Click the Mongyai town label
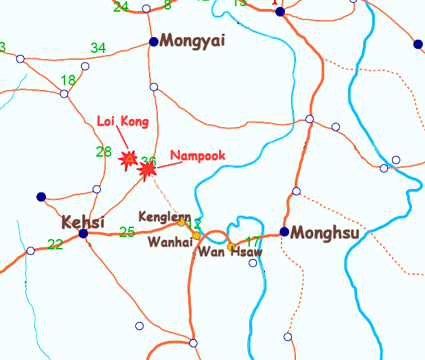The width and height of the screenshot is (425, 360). coord(192,41)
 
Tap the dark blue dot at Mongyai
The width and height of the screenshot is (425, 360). coord(154,41)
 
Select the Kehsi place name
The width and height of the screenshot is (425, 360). coord(83,223)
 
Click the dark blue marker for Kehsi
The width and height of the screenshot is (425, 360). coord(83,234)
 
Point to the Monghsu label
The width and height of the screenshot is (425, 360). coord(325,233)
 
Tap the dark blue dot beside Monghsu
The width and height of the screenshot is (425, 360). coord(284,232)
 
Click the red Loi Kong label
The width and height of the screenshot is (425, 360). coord(123,122)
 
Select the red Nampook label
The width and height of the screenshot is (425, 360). coord(198,156)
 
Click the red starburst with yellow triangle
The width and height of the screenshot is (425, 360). coord(128,159)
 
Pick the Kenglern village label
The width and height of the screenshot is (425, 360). coord(164,216)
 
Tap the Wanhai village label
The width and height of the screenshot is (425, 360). coord(169,242)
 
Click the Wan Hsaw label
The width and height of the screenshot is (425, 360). coord(230,252)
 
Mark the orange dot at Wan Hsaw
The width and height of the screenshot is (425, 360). coord(231,246)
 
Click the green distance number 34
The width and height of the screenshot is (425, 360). coord(98,48)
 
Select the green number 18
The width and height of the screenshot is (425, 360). coord(68,80)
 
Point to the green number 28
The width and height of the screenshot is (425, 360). coord(104,152)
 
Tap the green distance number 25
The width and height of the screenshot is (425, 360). coord(127,232)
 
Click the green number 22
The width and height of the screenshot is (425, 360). coord(55,244)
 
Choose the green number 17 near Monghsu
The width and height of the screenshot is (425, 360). coord(253,242)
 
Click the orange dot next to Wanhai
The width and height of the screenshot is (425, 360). coord(196,236)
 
